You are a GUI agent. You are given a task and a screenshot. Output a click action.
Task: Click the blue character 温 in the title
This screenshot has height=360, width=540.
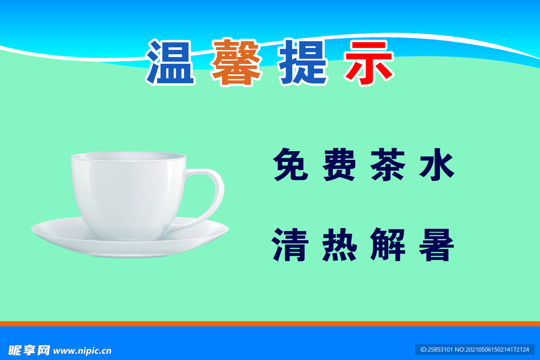pyautogui.click(x=170, y=62)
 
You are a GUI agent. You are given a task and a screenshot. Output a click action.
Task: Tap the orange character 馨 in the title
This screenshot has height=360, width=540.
pyautogui.click(x=236, y=62)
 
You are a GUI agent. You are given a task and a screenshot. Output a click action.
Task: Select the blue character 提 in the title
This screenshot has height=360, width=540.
pyautogui.click(x=303, y=62)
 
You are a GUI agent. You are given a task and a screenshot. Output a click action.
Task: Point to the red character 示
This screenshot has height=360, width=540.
pyautogui.click(x=369, y=62)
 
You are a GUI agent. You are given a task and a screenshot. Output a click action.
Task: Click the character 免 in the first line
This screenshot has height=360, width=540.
pyautogui.click(x=291, y=164)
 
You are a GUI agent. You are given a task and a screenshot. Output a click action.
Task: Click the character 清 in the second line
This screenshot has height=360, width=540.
pyautogui.click(x=291, y=245)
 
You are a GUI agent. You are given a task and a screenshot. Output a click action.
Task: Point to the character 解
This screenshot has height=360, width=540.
pyautogui.click(x=388, y=245)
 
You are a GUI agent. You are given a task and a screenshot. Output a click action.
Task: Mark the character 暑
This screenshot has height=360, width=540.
pyautogui.click(x=437, y=245)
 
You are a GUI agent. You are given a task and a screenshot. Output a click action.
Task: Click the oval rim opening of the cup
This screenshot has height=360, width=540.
pyautogui.click(x=128, y=157)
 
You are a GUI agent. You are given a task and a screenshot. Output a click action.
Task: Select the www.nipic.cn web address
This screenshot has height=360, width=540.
pyautogui.click(x=83, y=351)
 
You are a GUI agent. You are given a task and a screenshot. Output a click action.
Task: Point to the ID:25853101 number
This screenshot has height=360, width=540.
pyautogui.click(x=436, y=349)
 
